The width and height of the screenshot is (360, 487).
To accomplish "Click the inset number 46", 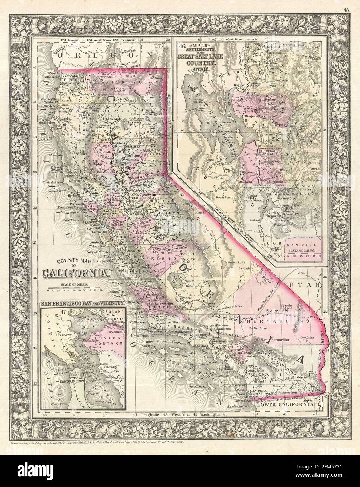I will point(181,46).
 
